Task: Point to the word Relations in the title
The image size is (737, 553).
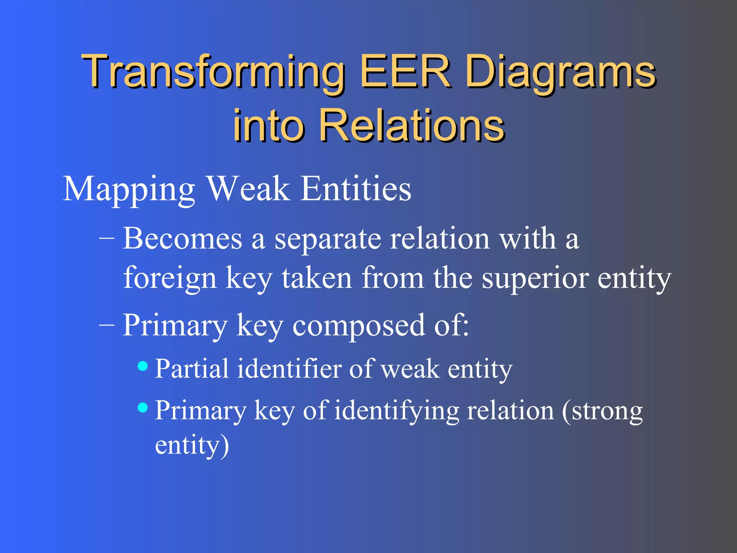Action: [412, 125]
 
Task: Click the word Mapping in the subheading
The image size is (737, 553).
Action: [129, 190]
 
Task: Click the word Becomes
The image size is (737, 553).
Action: [182, 239]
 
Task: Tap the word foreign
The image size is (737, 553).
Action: [170, 278]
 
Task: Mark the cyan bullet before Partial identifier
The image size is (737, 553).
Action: [143, 366]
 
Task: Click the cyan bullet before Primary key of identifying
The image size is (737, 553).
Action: [143, 408]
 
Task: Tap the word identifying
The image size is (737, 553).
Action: [396, 411]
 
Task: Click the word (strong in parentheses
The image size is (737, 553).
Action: [602, 411]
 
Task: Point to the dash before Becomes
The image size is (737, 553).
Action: [107, 239]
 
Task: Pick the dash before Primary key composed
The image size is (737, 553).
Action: [107, 325]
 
